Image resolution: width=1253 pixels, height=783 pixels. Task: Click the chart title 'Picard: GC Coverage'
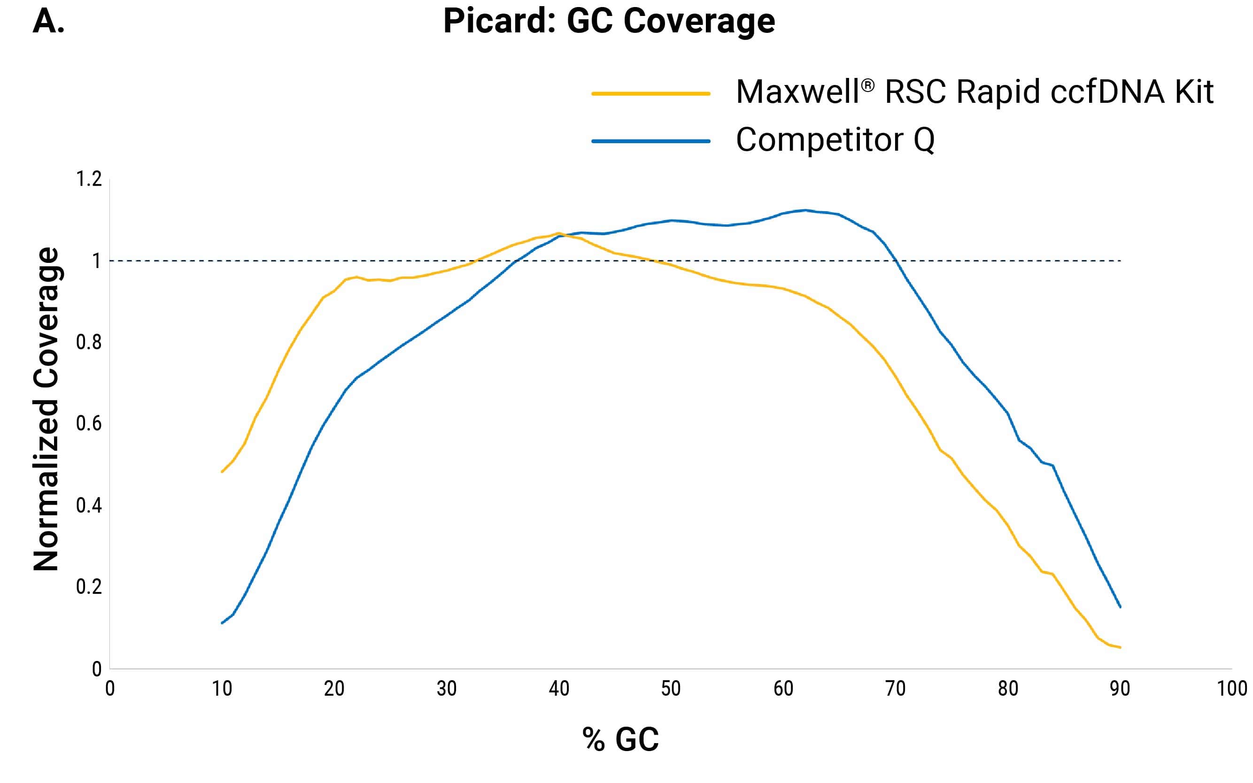[x=609, y=22]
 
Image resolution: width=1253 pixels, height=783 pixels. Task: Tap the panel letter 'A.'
[x=48, y=22]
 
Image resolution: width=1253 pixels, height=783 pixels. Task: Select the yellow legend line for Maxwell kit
[x=650, y=94]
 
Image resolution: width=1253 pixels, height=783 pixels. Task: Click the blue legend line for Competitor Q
[x=650, y=141]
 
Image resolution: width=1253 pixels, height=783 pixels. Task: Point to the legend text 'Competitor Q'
[x=835, y=140]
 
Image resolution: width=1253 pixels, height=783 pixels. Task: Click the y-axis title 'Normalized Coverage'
[x=46, y=409]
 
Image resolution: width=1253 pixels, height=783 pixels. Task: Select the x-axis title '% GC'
[x=620, y=739]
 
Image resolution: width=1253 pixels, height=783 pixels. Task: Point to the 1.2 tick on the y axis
[x=89, y=179]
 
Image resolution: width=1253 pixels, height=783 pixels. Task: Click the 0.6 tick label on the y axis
[x=89, y=423]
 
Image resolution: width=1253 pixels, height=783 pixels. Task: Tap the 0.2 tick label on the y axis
[x=89, y=587]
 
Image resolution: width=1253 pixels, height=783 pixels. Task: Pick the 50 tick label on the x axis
[x=671, y=689]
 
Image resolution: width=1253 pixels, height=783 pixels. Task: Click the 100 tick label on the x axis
[x=1232, y=689]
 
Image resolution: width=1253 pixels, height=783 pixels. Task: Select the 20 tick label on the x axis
[x=334, y=689]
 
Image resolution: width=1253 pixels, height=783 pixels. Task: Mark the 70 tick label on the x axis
[x=895, y=689]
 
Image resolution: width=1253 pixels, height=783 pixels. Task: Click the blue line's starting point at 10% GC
[x=222, y=623]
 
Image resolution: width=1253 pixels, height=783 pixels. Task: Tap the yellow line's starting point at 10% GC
[x=222, y=472]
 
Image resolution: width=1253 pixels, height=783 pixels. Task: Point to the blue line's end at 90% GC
[x=1120, y=607]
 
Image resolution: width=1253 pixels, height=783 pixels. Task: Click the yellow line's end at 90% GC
[x=1120, y=647]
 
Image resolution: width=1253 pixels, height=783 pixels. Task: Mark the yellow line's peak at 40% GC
[x=558, y=233]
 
